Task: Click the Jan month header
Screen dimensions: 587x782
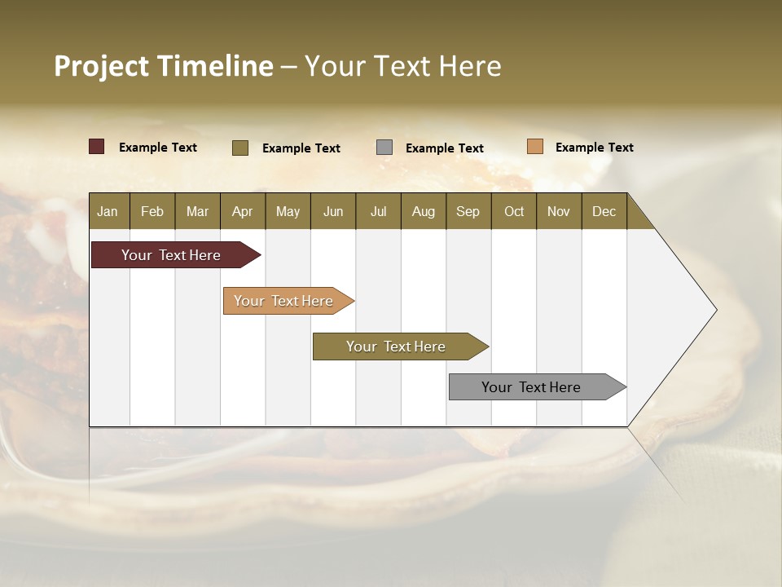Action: (108, 211)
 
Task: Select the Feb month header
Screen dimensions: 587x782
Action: (152, 211)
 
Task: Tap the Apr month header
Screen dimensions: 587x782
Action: (243, 211)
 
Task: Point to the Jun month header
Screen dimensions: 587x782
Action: (333, 211)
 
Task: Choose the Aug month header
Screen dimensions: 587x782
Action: (424, 211)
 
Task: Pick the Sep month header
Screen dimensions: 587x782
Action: (468, 211)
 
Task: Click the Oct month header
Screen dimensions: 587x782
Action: (514, 211)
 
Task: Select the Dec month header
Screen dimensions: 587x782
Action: (604, 211)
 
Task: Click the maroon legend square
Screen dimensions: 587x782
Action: (97, 147)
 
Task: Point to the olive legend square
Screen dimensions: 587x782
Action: (240, 148)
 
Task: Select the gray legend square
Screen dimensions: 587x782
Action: (384, 147)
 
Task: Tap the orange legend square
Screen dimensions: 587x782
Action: (535, 147)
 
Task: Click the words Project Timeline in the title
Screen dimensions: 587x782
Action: (164, 66)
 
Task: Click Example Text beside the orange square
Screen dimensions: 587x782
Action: (594, 148)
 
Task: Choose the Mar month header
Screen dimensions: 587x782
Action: (198, 211)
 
